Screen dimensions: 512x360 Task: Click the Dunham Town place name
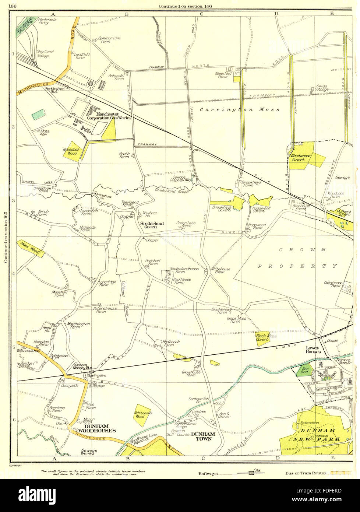[203, 434]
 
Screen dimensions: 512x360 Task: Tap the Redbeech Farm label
[171, 343]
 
